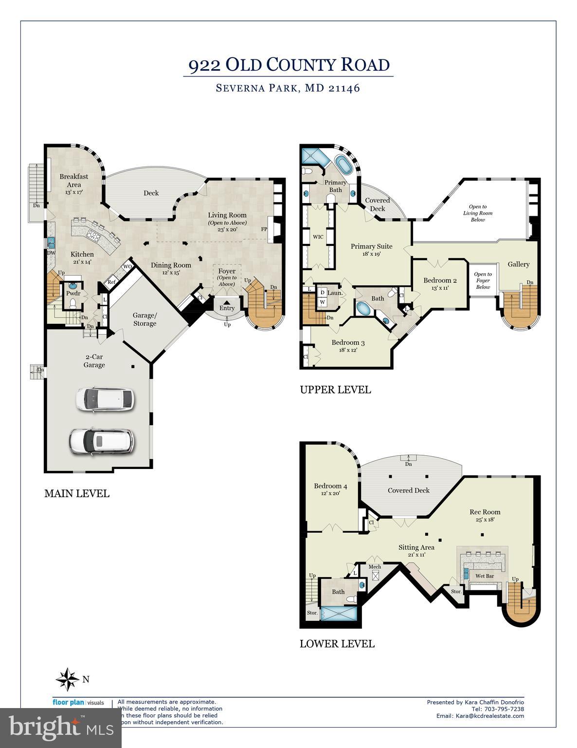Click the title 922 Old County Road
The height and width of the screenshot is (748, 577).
tap(288, 65)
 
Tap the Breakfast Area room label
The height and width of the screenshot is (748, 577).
tap(74, 180)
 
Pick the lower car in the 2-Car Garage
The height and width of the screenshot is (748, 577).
tap(101, 441)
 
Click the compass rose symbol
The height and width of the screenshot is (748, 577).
tap(67, 679)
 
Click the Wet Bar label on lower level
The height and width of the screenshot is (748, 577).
tap(484, 576)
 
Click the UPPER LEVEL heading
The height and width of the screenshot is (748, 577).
tap(335, 390)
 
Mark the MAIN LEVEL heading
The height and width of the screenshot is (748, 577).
tap(77, 493)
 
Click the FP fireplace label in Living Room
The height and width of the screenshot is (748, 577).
tap(264, 229)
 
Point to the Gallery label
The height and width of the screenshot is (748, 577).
tap(518, 264)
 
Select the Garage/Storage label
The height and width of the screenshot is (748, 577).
tap(144, 319)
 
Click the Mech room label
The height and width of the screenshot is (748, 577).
tap(375, 567)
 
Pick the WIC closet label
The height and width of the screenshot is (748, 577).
tap(318, 237)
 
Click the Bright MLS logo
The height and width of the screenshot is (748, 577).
tap(61, 728)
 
